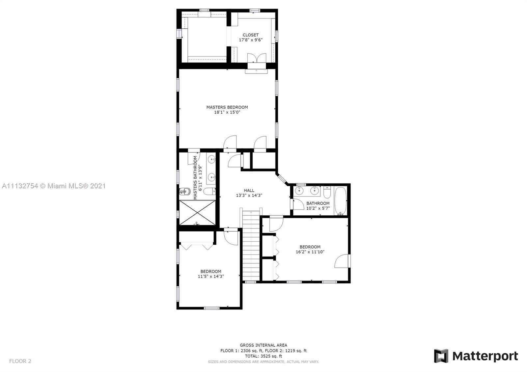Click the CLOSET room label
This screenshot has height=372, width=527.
251,35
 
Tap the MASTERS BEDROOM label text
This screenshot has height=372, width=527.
227,107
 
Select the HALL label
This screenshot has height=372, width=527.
249,191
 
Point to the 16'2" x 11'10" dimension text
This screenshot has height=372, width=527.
310,252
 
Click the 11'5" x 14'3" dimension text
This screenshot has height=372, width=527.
211,276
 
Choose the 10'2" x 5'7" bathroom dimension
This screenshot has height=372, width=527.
318,208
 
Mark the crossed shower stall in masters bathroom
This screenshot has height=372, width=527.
197,213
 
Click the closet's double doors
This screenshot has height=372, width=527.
257,58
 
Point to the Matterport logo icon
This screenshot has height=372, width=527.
441,356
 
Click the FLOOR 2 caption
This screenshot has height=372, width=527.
20,361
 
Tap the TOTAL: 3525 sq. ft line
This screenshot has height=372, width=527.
263,356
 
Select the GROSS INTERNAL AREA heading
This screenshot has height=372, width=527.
263,345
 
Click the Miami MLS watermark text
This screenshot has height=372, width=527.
54,186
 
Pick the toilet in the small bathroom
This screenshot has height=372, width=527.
327,192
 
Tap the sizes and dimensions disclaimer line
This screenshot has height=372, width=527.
263,362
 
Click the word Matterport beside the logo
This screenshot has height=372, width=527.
485,356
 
